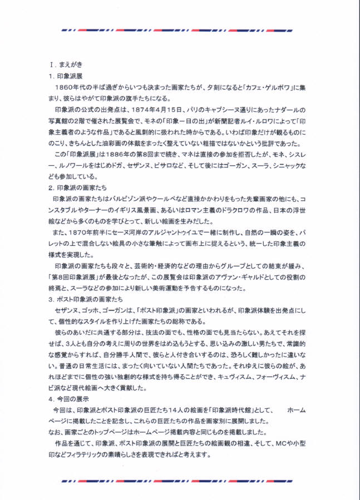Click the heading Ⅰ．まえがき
[65, 63]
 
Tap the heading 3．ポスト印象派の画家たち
[85, 299]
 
